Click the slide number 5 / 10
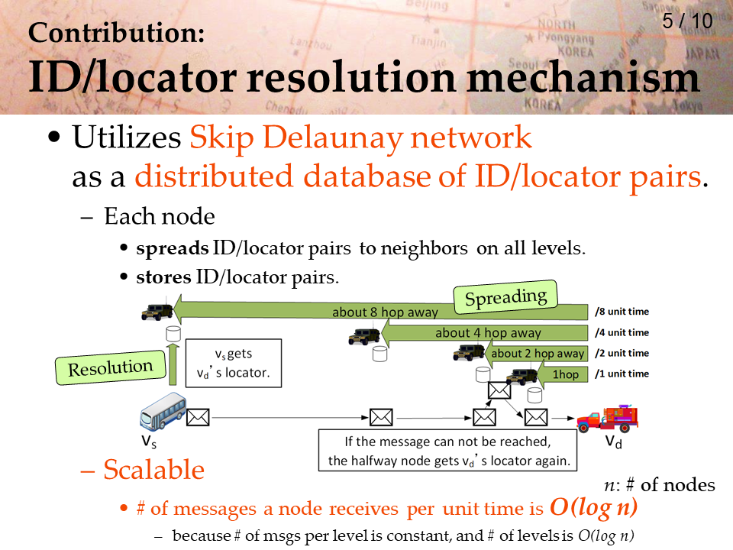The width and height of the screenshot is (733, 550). tap(687, 21)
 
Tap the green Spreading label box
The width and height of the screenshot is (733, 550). tap(505, 297)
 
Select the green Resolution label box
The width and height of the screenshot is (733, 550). tap(110, 367)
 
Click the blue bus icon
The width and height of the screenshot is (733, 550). tap(163, 411)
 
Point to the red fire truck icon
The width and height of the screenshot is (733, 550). tap(607, 418)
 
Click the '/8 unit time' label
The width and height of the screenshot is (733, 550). tap(622, 312)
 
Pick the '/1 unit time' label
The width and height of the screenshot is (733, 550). tap(622, 374)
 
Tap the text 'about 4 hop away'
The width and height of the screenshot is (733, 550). tap(488, 332)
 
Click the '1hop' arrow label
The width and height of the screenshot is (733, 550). tap(565, 374)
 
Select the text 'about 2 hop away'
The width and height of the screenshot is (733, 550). tap(538, 353)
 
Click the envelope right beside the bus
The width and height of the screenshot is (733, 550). tap(198, 417)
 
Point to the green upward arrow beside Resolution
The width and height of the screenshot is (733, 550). tap(173, 364)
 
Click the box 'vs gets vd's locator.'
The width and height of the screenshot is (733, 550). tap(234, 363)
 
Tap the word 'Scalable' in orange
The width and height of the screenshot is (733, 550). tap(153, 469)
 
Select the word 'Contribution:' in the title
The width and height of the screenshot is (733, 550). tap(116, 33)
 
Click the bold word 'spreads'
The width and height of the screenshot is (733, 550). tap(173, 248)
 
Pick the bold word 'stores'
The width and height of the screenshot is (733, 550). tap(163, 277)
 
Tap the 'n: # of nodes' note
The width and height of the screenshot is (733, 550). tap(660, 485)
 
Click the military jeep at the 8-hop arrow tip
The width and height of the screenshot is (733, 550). tap(157, 312)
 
